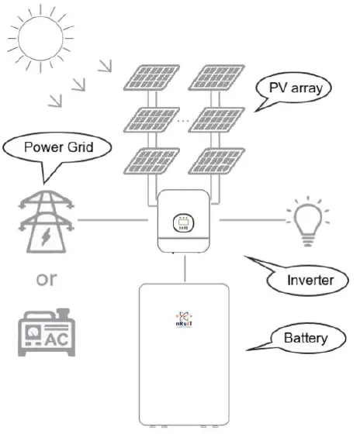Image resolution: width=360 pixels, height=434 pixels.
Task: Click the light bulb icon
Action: click(x=305, y=222)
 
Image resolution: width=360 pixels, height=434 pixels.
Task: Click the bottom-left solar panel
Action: click(x=151, y=160)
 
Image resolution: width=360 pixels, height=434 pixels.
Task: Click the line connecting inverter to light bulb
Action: click(x=247, y=221)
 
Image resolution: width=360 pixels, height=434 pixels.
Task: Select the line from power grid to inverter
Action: click(x=113, y=221)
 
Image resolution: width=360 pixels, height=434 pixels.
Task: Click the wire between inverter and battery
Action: click(x=186, y=268)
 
